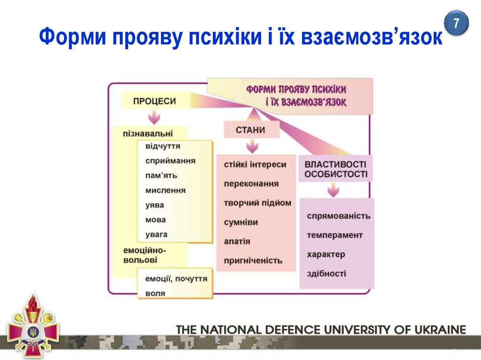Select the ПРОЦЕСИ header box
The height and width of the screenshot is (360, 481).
(155, 101)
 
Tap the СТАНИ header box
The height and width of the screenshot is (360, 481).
(251, 130)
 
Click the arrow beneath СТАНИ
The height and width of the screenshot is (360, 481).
(252, 146)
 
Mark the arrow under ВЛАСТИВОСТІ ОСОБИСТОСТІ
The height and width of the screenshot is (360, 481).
(333, 190)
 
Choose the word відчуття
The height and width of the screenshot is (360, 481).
(163, 146)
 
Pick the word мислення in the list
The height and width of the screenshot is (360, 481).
(165, 190)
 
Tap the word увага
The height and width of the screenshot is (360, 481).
(156, 234)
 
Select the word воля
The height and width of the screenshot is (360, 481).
(155, 293)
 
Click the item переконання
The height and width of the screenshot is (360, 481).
(251, 184)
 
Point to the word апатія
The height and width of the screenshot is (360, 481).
(237, 241)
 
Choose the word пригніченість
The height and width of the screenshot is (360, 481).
(253, 260)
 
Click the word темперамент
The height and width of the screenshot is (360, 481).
(335, 235)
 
